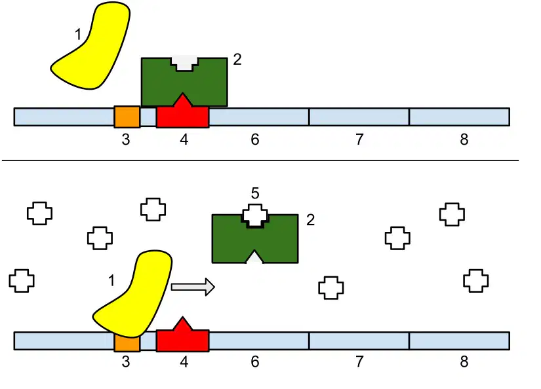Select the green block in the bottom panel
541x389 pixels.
click(x=255, y=241)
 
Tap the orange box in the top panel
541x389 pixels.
click(x=127, y=117)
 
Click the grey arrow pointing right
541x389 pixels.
click(x=193, y=287)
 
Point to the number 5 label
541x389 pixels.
click(x=255, y=193)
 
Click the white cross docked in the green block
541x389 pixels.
click(x=255, y=215)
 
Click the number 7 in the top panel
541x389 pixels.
click(x=359, y=139)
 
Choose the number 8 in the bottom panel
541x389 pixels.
click(x=464, y=361)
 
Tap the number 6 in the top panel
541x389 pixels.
click(x=255, y=139)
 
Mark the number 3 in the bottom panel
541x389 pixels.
click(x=126, y=361)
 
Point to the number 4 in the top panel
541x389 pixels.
click(x=184, y=139)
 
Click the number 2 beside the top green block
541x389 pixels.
click(x=237, y=60)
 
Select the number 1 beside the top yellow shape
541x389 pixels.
click(x=78, y=35)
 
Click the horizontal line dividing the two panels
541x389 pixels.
click(x=260, y=160)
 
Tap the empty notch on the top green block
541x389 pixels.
click(x=184, y=64)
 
